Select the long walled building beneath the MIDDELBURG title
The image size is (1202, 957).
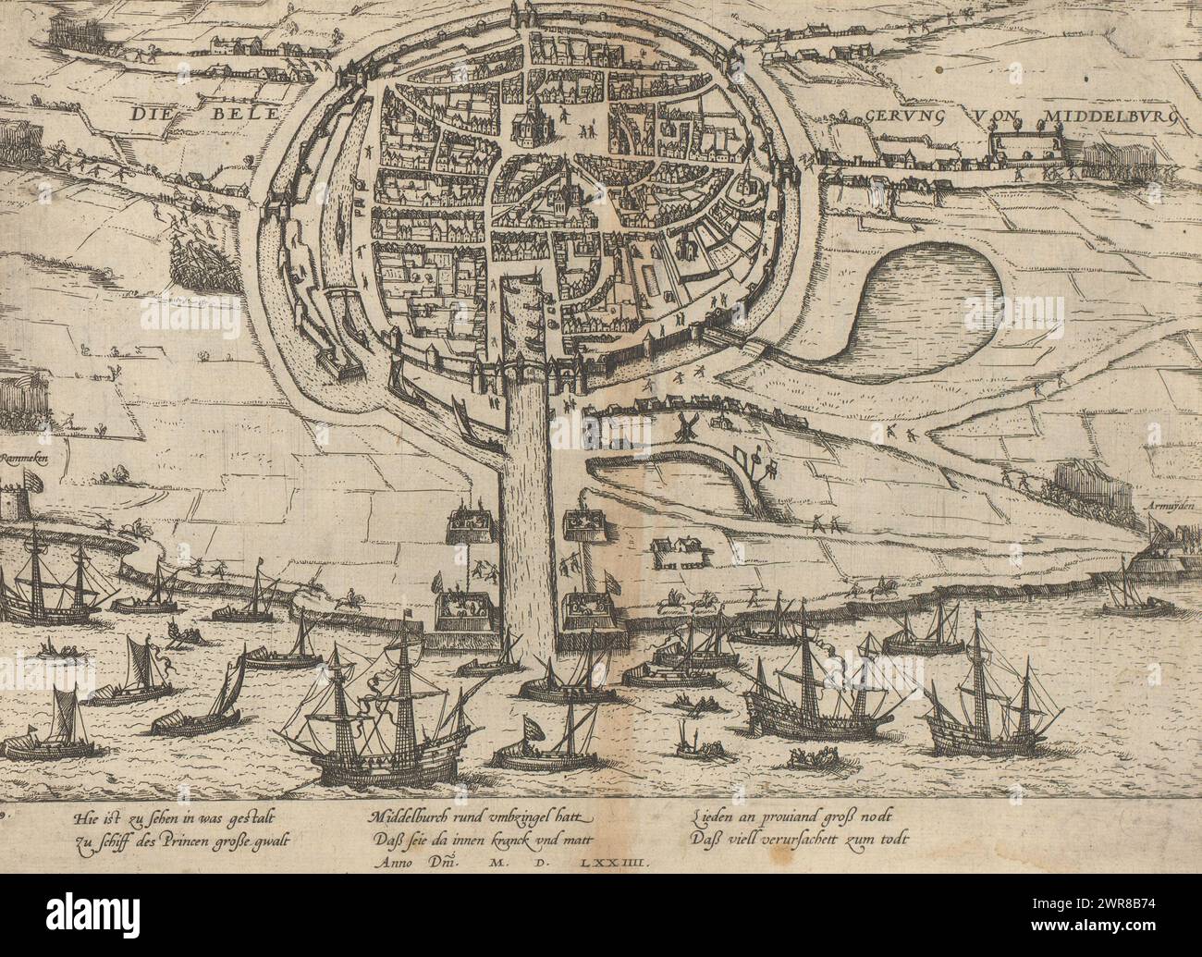[1025, 147]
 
